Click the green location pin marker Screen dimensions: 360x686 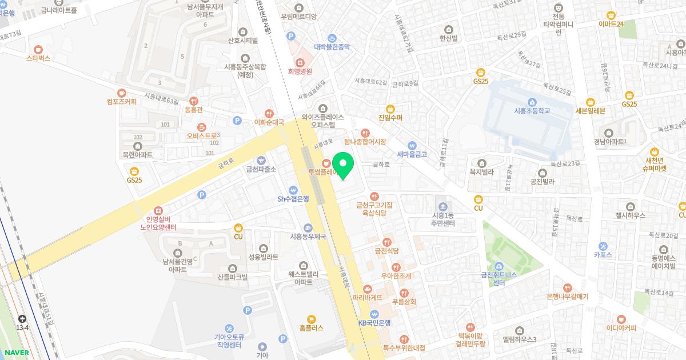pos(343,166)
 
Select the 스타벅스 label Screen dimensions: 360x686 pos(38,58)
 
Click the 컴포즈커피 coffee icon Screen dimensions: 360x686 pos(121,93)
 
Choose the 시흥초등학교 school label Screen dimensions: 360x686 pos(532,111)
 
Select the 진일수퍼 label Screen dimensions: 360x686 pos(390,118)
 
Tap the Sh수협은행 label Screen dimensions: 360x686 pos(293,199)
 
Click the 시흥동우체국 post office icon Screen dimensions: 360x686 pos(308,227)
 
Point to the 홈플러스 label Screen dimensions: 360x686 pos(311,328)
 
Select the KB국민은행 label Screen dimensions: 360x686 pos(374,322)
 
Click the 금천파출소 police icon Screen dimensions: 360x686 pos(261,161)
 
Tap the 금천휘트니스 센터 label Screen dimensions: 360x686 pos(499,279)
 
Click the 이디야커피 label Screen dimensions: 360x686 pos(621,328)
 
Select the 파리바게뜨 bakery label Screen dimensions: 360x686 pos(367,298)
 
